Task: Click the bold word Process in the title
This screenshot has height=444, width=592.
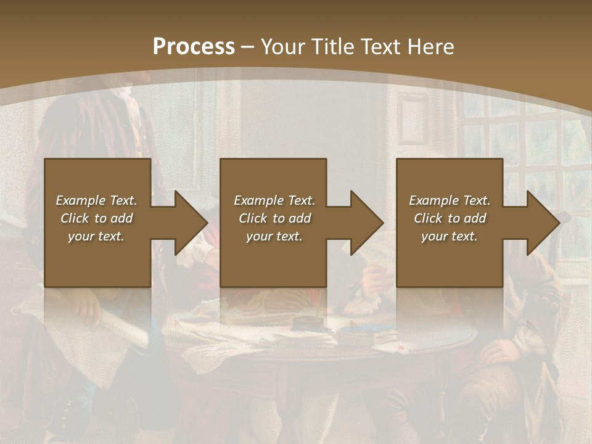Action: point(194,47)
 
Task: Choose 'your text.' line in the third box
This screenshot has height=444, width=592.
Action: point(449,236)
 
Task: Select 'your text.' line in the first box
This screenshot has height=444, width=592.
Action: point(96,236)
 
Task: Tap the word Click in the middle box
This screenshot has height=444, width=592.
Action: point(253,218)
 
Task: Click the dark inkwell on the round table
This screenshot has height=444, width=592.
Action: point(306,324)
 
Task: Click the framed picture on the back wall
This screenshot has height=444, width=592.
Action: point(413,115)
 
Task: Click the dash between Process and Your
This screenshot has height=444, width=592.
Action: point(248,47)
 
